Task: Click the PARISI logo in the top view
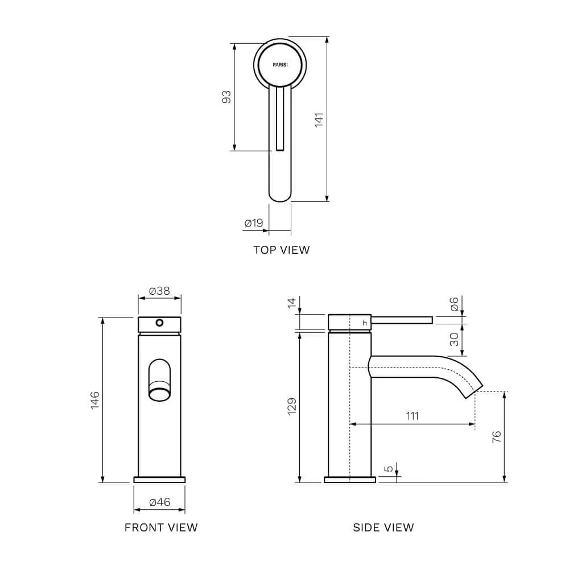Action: click(x=280, y=65)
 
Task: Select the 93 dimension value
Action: click(x=226, y=97)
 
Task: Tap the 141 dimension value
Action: click(x=319, y=119)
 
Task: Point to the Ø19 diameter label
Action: click(x=254, y=223)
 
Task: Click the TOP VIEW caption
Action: click(x=282, y=250)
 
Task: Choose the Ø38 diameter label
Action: click(x=159, y=291)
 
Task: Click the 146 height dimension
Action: click(x=94, y=400)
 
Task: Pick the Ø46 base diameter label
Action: click(x=160, y=502)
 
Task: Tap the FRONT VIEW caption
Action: click(x=161, y=527)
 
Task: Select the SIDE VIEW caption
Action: click(x=384, y=527)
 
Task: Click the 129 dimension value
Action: click(x=292, y=406)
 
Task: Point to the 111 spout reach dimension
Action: click(x=412, y=416)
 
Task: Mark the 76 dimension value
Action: click(x=496, y=436)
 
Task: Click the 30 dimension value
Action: click(x=454, y=339)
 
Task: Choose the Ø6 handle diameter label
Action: click(x=454, y=304)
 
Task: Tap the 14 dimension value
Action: click(x=292, y=303)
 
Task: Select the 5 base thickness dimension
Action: click(x=389, y=469)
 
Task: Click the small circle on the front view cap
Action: click(x=159, y=323)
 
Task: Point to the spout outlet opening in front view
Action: click(x=159, y=394)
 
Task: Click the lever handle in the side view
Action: click(x=402, y=320)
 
